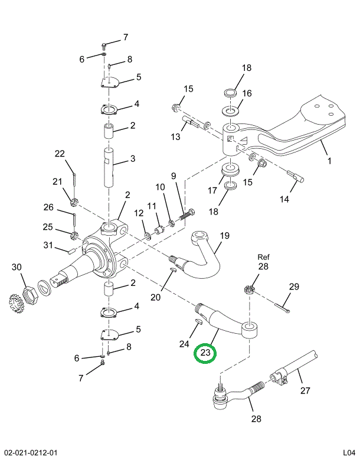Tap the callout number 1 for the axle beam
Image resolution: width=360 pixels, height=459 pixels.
(329, 160)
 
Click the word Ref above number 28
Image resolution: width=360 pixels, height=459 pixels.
(263, 257)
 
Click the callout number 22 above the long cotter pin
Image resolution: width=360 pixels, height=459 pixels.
(60, 154)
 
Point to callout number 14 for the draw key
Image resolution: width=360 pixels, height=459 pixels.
(284, 199)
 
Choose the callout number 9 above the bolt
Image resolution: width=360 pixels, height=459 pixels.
(174, 175)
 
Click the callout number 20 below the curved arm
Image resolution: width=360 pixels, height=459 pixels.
(155, 297)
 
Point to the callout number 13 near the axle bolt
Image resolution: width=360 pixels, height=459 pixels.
(175, 137)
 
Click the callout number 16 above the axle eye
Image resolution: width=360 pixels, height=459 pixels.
(247, 93)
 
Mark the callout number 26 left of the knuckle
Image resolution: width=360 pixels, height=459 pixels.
(48, 207)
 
